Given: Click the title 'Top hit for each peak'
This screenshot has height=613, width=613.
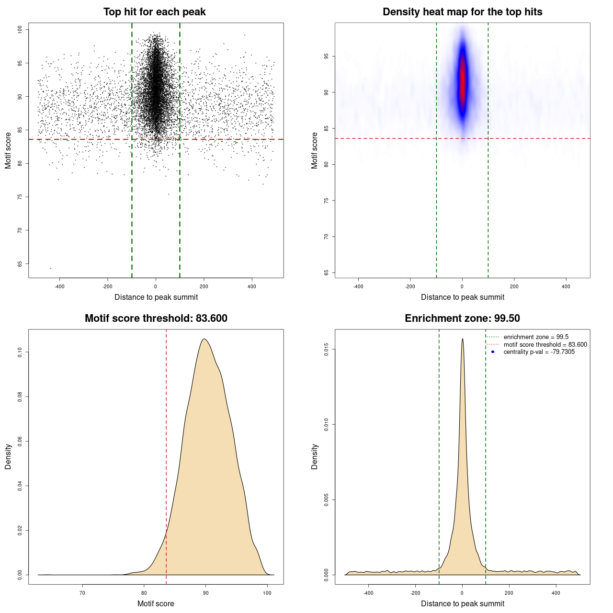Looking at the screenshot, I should (154, 12).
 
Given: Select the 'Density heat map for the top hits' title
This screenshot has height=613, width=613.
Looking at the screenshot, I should (462, 12).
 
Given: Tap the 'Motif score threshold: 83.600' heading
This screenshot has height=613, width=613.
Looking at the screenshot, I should (156, 318).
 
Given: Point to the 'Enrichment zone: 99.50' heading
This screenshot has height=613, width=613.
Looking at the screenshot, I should (462, 318).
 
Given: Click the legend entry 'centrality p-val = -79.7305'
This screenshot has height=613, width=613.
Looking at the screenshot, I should (539, 352).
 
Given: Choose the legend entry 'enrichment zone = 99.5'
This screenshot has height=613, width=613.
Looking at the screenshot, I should (535, 337).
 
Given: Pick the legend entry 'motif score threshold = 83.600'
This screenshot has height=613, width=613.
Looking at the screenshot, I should (545, 345).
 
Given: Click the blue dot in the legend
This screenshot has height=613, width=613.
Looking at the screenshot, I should (493, 352).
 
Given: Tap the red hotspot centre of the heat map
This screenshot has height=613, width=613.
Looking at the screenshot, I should (462, 79).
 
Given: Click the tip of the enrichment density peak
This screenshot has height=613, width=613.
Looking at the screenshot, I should (462, 339).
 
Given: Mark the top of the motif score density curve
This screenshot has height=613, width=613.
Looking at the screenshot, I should (204, 339).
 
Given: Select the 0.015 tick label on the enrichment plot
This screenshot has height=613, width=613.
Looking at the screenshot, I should (326, 350).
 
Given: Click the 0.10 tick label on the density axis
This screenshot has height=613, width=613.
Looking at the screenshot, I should (20, 352).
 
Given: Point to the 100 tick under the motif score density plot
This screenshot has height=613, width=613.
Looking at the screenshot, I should (267, 593).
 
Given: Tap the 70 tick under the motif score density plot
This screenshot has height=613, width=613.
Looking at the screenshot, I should (82, 593).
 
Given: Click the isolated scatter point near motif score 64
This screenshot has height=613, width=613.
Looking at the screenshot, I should (50, 268).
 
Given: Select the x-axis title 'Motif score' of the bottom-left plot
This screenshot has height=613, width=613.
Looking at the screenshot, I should (156, 603).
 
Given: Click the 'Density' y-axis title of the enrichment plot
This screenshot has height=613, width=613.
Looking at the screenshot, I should (315, 456).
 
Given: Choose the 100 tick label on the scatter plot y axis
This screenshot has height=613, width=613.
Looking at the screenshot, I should (20, 30).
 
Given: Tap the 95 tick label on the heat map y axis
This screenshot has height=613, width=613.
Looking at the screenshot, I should (326, 56).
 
